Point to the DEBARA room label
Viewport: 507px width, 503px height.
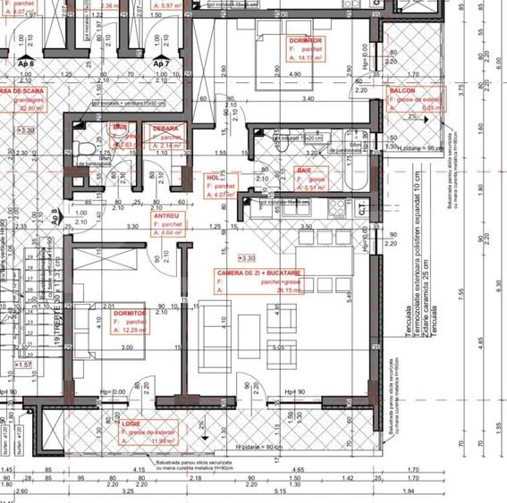(165, 129)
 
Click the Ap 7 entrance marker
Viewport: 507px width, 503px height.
(161, 64)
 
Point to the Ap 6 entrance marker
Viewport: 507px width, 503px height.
(26, 64)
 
